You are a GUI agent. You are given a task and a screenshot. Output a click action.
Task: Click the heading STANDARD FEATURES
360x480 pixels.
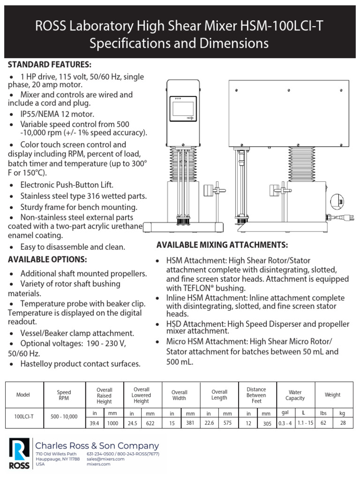(50, 64)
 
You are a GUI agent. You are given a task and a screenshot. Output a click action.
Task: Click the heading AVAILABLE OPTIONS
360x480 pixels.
(47, 259)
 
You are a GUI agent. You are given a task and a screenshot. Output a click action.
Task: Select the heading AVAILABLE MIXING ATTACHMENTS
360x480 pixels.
(222, 245)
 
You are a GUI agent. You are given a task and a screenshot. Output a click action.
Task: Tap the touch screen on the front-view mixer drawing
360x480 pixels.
(184, 109)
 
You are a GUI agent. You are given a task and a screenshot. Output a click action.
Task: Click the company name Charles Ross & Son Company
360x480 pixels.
(97, 446)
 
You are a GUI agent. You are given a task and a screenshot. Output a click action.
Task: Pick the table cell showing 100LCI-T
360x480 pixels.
(23, 416)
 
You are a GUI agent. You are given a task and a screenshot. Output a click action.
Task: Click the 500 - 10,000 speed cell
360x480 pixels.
(64, 416)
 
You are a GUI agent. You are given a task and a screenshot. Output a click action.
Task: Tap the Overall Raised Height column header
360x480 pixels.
(104, 395)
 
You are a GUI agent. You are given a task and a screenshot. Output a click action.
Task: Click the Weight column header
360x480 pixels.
(332, 395)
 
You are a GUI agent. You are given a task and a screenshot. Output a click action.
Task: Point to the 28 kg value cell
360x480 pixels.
(343, 423)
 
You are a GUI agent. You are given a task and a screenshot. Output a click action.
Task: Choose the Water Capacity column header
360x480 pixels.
(295, 395)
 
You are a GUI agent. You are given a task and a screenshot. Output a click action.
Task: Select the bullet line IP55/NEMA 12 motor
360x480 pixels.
(57, 114)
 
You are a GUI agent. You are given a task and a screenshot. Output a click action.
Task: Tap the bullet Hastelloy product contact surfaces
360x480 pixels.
(80, 364)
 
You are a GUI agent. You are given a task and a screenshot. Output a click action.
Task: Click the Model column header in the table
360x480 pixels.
(23, 395)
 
